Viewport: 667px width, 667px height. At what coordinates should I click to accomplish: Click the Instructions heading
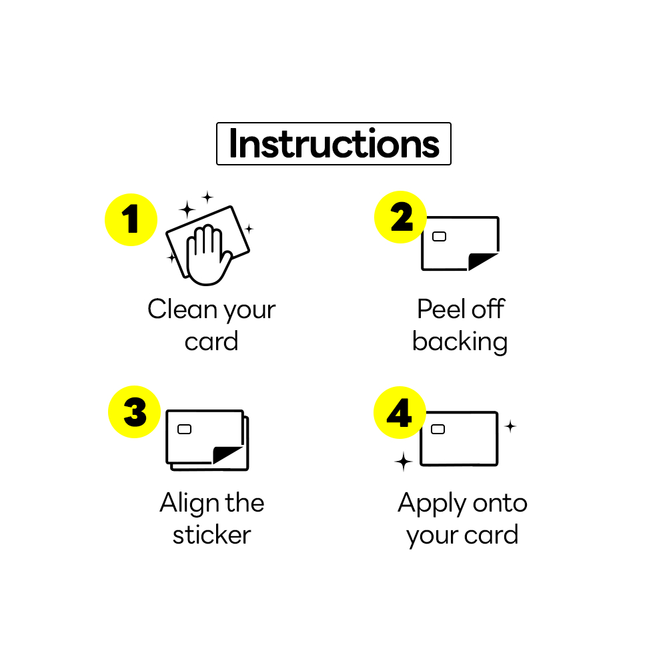pos(334,144)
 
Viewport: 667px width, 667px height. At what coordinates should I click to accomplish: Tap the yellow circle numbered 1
pos(131,219)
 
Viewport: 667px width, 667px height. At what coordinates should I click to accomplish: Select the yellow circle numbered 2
pos(400,217)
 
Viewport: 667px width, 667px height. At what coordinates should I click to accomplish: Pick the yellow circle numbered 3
pos(135,412)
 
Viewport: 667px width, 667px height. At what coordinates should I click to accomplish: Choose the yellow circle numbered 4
pos(400,413)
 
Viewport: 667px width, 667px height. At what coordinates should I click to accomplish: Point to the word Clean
pos(183,309)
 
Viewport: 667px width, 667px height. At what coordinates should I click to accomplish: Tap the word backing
pos(460,342)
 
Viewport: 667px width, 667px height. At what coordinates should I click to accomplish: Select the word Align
pos(189,503)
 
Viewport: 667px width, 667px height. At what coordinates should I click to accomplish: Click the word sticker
pos(212,535)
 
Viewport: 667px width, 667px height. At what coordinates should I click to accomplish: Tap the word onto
pos(500,503)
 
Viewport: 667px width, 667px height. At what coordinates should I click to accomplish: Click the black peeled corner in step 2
pos(478,260)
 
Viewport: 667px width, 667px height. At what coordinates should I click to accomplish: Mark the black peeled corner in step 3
pos(223,454)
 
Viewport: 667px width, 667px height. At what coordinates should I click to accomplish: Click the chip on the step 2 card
pos(439,237)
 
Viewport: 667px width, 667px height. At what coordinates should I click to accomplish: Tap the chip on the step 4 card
pos(438,429)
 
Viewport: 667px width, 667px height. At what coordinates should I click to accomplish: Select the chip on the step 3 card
pos(184,429)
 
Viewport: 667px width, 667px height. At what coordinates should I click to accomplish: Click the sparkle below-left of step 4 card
pos(404,462)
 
